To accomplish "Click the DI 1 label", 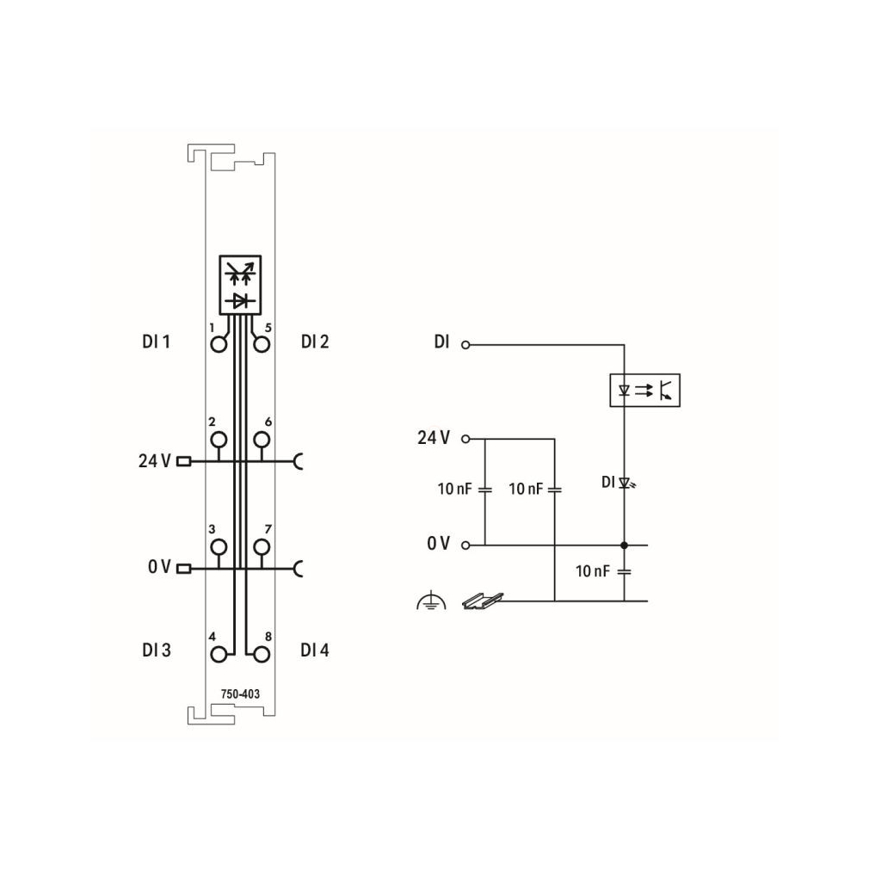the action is (156, 342).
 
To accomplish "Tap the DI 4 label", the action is (315, 650).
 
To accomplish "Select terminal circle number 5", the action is (262, 345).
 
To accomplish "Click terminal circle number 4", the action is (219, 655).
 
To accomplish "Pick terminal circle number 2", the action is (219, 440).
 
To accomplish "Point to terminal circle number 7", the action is (262, 547).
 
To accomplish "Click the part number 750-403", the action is (240, 693).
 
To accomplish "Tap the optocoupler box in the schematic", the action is (644, 391).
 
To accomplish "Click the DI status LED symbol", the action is (627, 484).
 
